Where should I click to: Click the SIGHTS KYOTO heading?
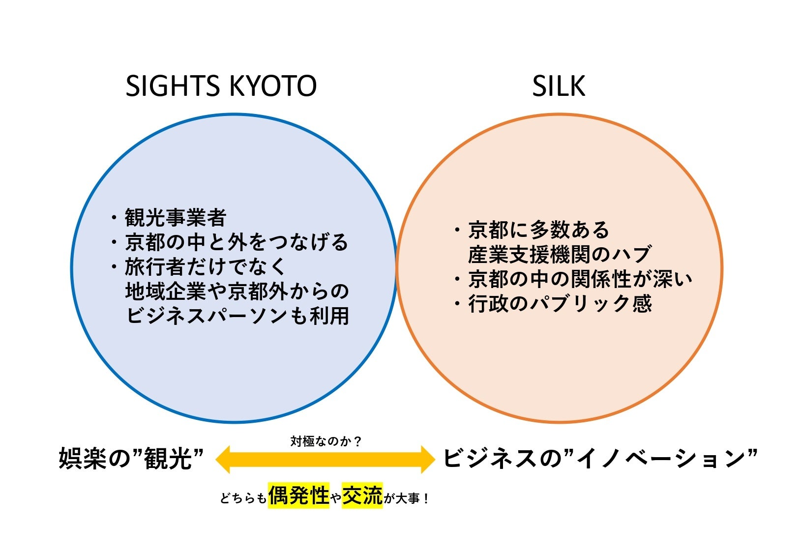point(221,87)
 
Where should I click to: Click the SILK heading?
point(559,87)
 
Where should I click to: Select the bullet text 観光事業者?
point(175,217)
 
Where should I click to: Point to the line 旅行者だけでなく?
point(205,266)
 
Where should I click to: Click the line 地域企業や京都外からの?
point(237,291)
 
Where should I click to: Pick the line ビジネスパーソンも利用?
point(237,316)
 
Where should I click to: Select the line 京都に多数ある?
point(538,230)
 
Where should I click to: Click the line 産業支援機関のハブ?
point(560,254)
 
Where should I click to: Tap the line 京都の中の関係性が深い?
point(580,279)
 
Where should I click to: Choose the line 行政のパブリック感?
point(560,304)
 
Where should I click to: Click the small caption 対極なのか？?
point(326,441)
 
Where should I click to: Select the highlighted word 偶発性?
point(298,495)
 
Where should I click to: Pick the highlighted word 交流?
point(362,495)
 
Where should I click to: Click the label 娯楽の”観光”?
point(131,458)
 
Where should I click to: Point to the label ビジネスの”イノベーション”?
point(600,458)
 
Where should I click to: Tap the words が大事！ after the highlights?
point(407,498)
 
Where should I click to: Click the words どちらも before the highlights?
point(243,498)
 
